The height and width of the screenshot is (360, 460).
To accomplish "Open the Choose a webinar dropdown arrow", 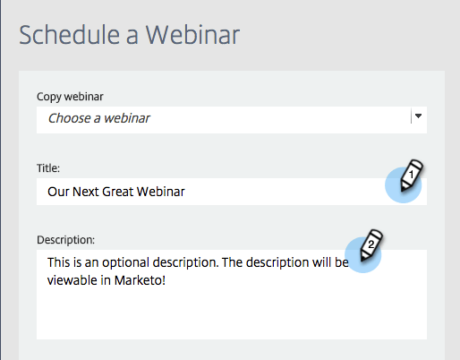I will click(x=418, y=116).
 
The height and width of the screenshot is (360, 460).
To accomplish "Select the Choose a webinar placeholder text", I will click(x=98, y=117).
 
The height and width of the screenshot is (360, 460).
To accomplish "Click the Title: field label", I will click(x=49, y=167).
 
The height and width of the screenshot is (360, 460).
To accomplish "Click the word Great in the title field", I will click(x=125, y=191).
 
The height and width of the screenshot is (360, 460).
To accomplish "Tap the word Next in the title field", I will click(x=89, y=191).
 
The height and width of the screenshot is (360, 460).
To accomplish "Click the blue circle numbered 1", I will click(x=403, y=185).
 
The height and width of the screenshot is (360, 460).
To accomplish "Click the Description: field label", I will click(x=65, y=239).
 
